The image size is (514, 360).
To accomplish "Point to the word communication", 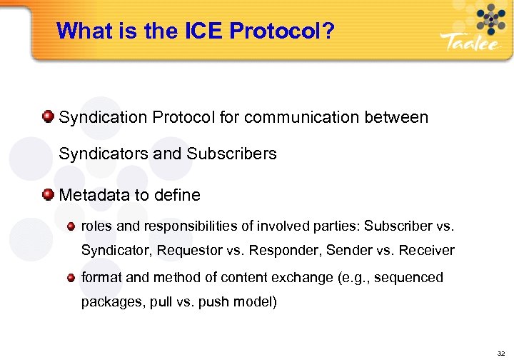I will [x=298, y=116].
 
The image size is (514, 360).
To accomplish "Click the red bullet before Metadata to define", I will [x=48, y=194].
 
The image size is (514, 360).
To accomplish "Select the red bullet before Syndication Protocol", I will [x=48, y=116].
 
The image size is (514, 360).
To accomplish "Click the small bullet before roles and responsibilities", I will [x=71, y=226].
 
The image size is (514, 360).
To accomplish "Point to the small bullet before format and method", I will [x=71, y=276].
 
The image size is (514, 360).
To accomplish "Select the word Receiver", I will [x=427, y=250].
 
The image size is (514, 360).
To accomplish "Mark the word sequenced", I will [x=409, y=277].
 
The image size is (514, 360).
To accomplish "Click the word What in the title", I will [x=80, y=31].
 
